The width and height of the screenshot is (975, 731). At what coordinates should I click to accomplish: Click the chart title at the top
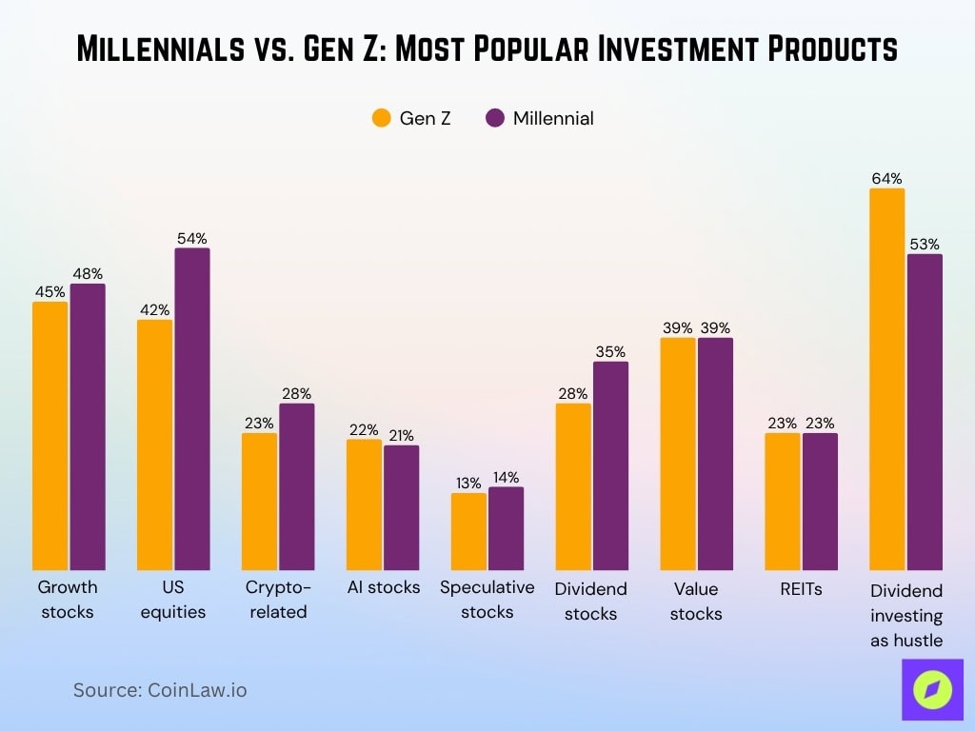click(487, 49)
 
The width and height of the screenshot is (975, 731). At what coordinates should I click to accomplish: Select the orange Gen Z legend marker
click(382, 118)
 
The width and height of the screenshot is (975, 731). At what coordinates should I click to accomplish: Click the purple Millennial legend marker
click(494, 118)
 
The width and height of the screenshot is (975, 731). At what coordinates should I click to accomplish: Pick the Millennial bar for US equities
click(191, 409)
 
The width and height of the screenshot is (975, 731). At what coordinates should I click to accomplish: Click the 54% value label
click(191, 239)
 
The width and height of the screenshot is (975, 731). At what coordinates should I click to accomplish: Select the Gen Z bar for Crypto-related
click(259, 502)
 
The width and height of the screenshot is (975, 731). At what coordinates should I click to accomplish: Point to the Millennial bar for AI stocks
click(401, 507)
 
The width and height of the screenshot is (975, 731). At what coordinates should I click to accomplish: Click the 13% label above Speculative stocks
click(468, 482)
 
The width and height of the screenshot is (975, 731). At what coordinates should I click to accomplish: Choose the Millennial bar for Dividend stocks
click(610, 465)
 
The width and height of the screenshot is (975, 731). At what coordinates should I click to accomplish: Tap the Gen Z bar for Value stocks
click(678, 454)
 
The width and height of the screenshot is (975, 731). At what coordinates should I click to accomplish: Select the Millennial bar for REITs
click(820, 502)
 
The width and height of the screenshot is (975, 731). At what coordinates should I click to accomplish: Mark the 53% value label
click(925, 244)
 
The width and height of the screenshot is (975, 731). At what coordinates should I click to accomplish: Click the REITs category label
click(801, 588)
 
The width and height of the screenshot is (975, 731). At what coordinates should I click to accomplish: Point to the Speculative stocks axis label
click(487, 600)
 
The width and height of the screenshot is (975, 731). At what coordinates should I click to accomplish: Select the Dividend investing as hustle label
click(905, 615)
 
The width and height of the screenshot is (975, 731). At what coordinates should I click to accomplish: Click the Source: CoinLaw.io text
click(160, 690)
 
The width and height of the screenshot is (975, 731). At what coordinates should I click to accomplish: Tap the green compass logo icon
click(932, 690)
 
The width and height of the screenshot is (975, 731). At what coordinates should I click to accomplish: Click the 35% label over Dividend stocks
click(610, 351)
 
